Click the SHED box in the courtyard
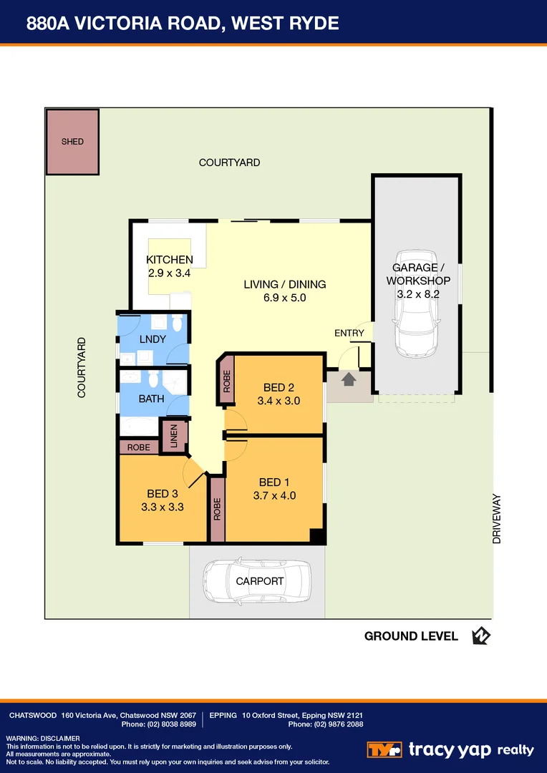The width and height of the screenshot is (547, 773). (72, 142)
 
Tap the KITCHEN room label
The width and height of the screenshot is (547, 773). (170, 260)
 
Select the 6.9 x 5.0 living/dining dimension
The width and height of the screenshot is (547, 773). (284, 298)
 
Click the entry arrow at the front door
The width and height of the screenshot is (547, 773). (349, 379)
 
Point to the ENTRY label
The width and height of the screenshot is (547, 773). (349, 333)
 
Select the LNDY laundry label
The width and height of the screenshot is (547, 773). (153, 339)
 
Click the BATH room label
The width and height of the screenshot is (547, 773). (151, 399)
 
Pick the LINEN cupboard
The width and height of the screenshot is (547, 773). (174, 436)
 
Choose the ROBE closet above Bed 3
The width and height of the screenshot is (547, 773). (139, 447)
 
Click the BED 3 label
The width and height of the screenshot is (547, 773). (162, 493)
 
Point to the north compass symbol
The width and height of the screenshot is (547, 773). (480, 636)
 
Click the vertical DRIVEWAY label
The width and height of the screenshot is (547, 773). (496, 520)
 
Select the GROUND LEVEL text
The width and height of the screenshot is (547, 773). (411, 636)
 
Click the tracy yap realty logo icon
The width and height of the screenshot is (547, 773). (384, 749)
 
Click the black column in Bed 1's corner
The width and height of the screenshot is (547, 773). (317, 535)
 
